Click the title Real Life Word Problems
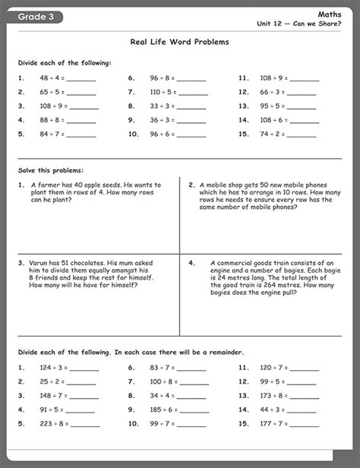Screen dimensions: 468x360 click(180, 43)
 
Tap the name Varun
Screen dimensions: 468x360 click(39, 262)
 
